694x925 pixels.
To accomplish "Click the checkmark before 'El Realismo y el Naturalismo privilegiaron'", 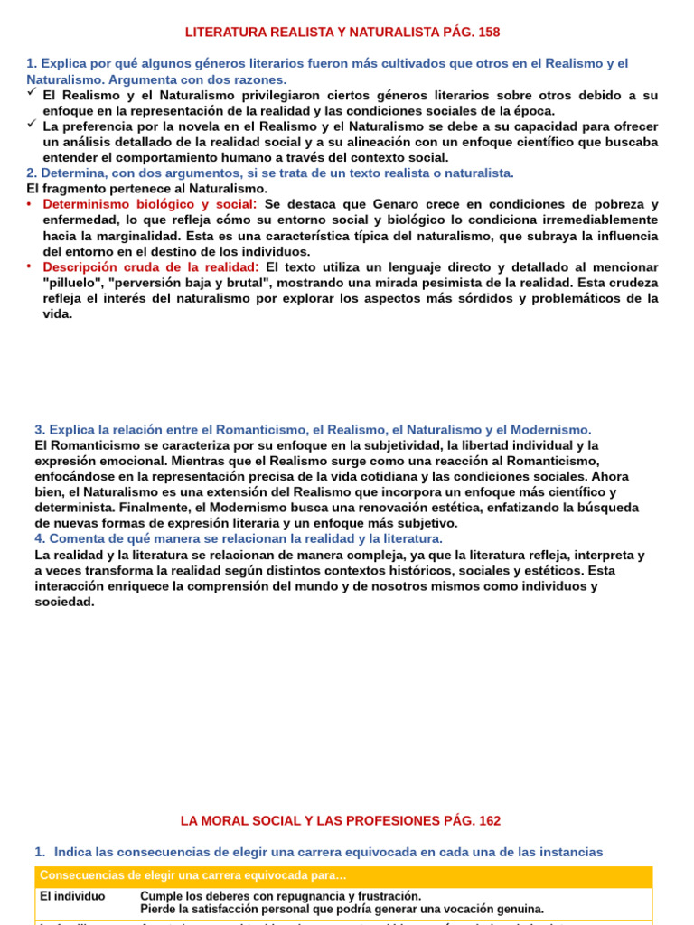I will point(32,94).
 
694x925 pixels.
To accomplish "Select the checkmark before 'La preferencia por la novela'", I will point(32,126).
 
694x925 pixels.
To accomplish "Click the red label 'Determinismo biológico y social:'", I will point(150,204).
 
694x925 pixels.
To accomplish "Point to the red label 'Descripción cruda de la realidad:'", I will point(150,267).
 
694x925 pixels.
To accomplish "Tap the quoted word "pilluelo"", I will point(75,283).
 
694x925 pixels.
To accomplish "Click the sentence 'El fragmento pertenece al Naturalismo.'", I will point(147,189).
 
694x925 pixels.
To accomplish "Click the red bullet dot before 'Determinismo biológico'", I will point(30,204).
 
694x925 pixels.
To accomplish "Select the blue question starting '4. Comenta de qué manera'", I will point(239,539).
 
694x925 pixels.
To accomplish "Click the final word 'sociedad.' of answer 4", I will point(64,602).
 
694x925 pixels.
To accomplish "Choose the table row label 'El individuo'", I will point(72,896).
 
